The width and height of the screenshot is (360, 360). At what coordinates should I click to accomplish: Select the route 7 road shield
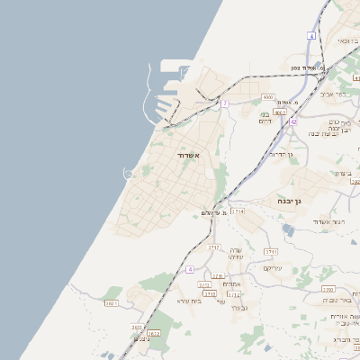tap(225, 104)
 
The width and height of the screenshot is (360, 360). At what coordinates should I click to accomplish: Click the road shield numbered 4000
tap(267, 96)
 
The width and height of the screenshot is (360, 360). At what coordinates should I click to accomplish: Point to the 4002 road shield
tap(281, 113)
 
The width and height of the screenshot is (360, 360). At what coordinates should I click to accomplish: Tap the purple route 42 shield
tap(293, 121)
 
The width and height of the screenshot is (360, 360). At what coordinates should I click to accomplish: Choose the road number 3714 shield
tap(238, 211)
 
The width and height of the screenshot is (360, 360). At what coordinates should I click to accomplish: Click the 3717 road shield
tap(214, 246)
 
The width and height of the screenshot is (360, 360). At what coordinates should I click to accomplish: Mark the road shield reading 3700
tap(328, 290)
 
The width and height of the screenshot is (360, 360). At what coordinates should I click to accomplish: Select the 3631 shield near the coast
tap(112, 304)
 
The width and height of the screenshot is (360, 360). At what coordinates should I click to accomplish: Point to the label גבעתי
tap(238, 308)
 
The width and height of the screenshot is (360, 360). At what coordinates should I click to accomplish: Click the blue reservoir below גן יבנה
tap(287, 229)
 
